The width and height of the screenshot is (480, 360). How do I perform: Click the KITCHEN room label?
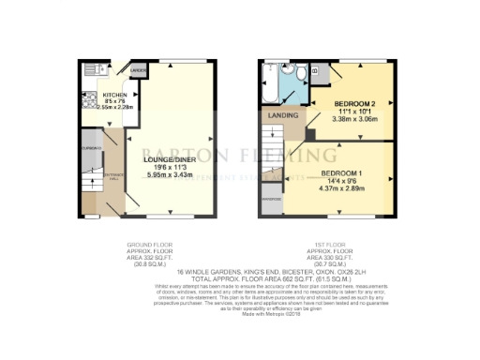tap(114, 96)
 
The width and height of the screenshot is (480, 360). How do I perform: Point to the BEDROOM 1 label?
tap(343, 175)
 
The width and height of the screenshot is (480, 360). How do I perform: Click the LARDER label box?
tap(138, 70)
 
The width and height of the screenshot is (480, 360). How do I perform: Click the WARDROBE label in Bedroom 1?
tap(272, 200)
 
